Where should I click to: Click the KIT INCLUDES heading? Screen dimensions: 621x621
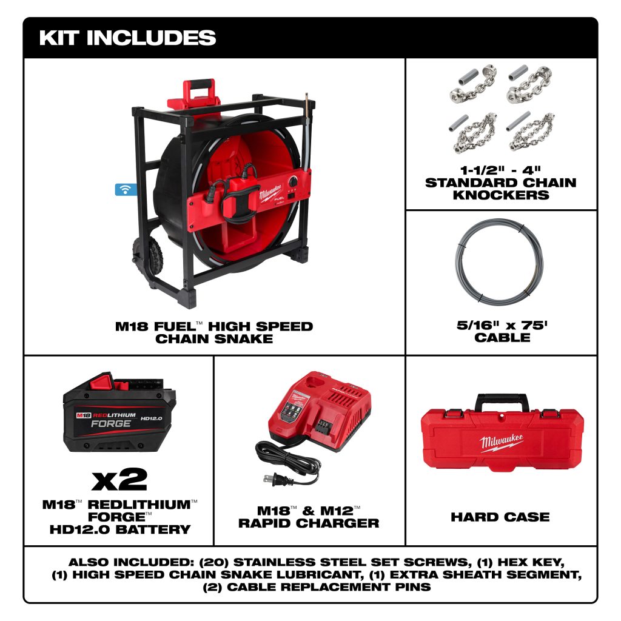pos(127,38)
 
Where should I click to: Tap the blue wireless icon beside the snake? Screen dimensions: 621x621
pos(126,190)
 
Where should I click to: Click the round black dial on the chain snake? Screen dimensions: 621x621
pos(294,181)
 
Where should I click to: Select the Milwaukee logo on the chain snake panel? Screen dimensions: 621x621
pos(270,192)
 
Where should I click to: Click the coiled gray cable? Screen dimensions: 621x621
pos(499,260)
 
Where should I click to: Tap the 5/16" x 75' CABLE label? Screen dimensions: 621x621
pos(502,331)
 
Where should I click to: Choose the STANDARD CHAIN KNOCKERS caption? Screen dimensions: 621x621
pos(500,189)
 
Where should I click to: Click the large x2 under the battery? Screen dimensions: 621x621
pos(119,480)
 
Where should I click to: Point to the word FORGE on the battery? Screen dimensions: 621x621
pos(111,424)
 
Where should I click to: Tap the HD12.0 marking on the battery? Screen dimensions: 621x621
pos(151,418)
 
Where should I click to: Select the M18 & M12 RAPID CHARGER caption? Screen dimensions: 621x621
pos(309,517)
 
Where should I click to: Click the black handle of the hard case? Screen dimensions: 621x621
pos(502,401)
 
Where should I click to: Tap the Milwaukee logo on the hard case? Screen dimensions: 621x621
pos(502,442)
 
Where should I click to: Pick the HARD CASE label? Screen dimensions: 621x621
pos(500,517)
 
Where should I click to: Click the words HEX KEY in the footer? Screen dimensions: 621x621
pos(530,562)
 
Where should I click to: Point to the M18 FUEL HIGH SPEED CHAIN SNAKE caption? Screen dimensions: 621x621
pos(214,333)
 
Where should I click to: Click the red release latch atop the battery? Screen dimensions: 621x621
pos(102,381)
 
